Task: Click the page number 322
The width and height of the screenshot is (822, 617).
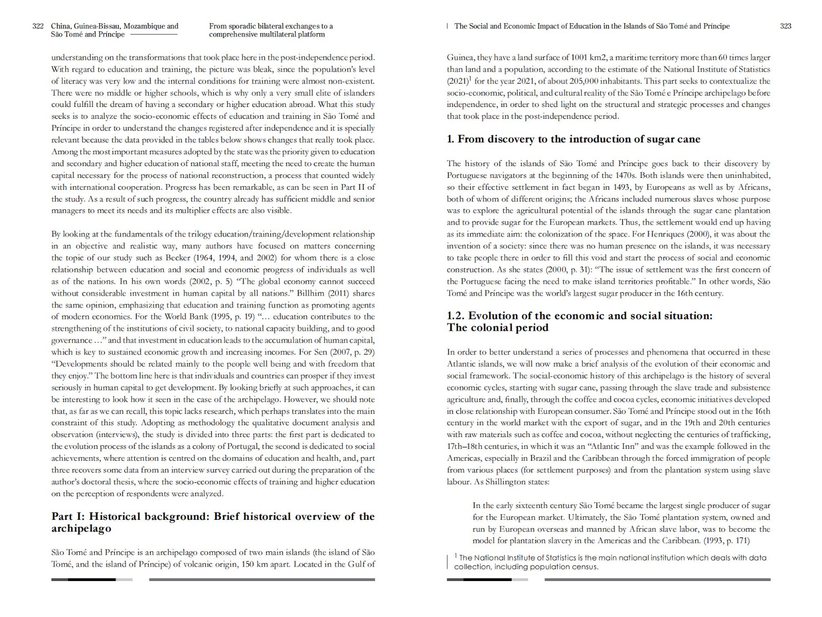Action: pos(38,26)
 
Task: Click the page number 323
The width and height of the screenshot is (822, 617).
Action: pos(786,26)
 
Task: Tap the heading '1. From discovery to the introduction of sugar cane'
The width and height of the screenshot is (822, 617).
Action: pos(573,139)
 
